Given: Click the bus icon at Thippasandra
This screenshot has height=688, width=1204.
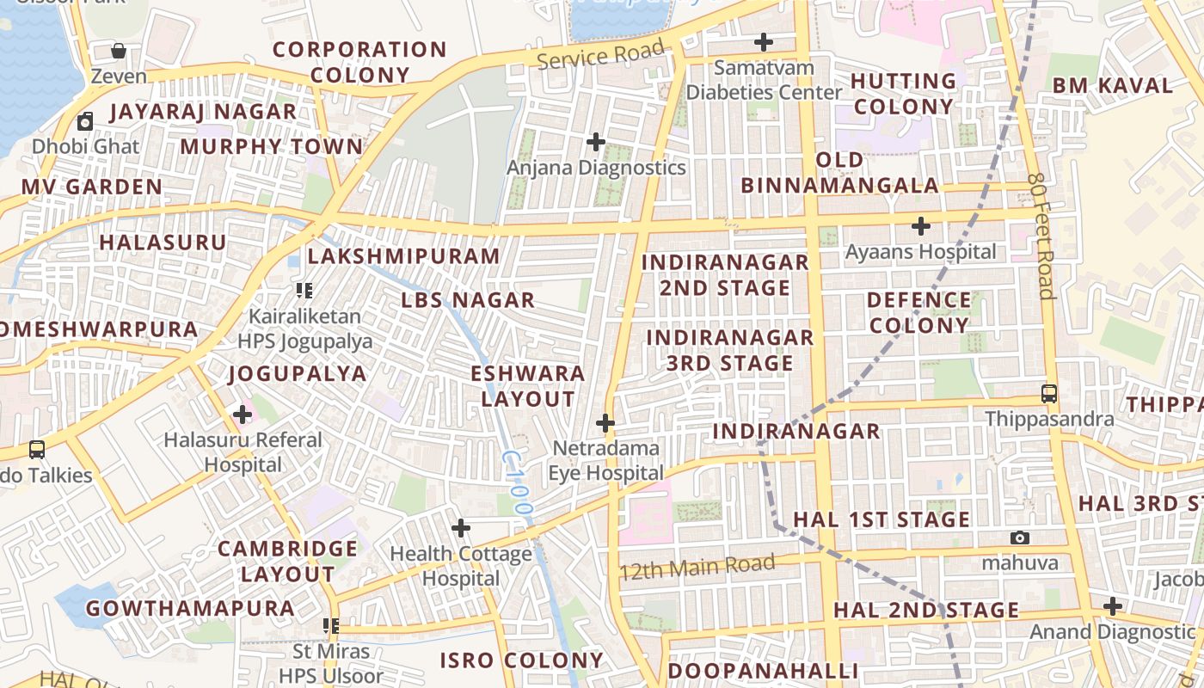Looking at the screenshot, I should [x=1048, y=394].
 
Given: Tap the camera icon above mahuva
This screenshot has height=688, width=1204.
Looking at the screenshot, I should [x=1020, y=537].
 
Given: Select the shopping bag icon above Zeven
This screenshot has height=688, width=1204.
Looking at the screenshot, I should [x=119, y=51].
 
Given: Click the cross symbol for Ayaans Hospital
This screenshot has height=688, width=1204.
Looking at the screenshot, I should [x=921, y=226].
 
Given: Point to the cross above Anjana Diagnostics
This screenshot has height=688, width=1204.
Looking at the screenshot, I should [x=595, y=141].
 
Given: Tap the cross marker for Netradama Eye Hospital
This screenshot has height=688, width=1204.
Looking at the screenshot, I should [x=605, y=422].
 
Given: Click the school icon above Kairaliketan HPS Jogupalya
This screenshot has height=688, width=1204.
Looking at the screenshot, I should [x=304, y=291].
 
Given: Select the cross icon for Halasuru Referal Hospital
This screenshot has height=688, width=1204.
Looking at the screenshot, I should [x=243, y=415].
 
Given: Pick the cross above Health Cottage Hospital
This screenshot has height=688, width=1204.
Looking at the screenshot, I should [x=461, y=527].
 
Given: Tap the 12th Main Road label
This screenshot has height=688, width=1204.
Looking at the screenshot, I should [x=697, y=567].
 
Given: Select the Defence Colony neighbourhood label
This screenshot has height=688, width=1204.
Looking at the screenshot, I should [x=919, y=313].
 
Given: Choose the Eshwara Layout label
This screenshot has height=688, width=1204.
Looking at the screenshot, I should [x=528, y=386].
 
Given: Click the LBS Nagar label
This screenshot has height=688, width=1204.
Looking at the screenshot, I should [x=468, y=300].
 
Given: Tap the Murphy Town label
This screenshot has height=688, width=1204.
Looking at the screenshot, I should [x=272, y=146].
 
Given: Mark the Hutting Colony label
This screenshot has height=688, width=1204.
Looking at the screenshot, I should [x=904, y=94].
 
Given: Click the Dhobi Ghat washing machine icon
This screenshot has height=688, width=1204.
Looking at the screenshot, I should [x=85, y=121].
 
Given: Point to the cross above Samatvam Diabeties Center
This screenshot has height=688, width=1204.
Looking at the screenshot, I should [x=763, y=41].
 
